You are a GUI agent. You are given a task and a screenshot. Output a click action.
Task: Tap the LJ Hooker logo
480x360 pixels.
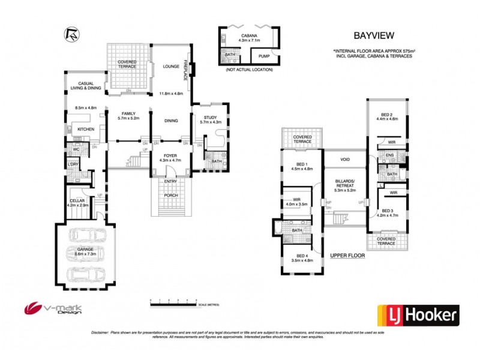click(418, 314)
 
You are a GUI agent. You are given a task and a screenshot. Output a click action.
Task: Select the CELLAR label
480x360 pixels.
click(77, 201)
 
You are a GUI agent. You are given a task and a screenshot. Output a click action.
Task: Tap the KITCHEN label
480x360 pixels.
click(85, 129)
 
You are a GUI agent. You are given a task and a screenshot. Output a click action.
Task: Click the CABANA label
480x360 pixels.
click(248, 37)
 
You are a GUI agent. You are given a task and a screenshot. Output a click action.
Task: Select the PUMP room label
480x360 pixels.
click(264, 56)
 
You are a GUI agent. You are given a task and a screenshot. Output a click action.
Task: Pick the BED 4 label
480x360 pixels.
click(296, 256)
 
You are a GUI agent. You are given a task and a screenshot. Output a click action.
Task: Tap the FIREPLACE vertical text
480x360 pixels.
click(187, 70)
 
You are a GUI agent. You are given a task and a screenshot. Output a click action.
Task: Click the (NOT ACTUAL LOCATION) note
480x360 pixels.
click(248, 70)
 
